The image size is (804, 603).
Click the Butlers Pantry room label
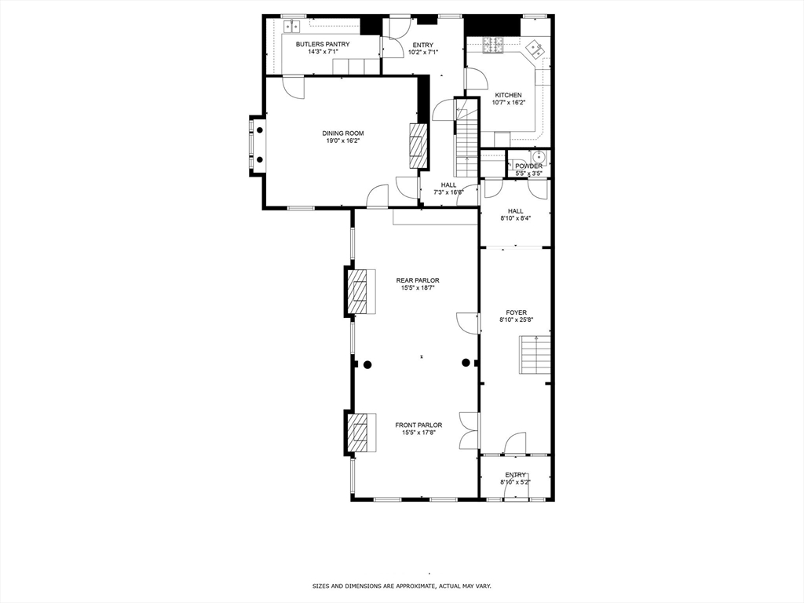[x=323, y=45]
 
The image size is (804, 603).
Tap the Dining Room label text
[x=343, y=133]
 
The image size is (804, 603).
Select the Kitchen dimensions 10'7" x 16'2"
[x=509, y=103]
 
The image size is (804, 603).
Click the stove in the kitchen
[x=494, y=45]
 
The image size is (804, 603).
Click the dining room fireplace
[x=418, y=145]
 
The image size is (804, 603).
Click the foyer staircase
[x=535, y=355]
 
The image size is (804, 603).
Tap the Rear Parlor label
[x=418, y=280]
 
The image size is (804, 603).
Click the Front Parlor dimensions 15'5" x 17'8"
[x=418, y=433]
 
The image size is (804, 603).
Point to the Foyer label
[x=517, y=312]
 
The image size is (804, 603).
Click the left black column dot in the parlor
[x=367, y=364]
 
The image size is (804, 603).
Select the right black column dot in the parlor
[x=466, y=363]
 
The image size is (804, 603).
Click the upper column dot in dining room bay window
[x=260, y=130]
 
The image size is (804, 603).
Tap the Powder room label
[x=528, y=166]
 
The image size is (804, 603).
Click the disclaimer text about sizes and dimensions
[x=402, y=586]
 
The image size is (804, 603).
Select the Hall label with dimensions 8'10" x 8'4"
[x=515, y=214]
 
